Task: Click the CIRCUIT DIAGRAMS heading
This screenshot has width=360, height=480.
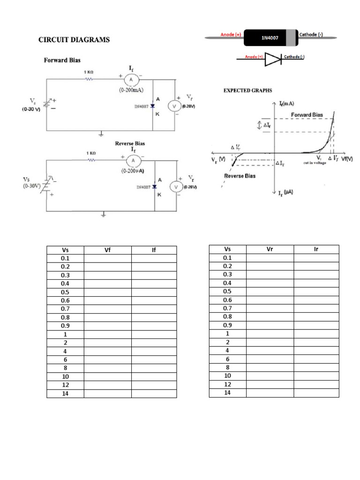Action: click(x=74, y=40)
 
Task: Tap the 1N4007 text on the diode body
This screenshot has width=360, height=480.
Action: click(x=270, y=38)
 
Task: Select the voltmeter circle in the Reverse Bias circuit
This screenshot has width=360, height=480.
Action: click(x=176, y=187)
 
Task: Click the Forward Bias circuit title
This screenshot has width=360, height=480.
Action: click(x=62, y=60)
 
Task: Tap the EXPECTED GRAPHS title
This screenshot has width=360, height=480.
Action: click(x=247, y=90)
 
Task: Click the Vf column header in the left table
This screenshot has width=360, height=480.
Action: click(x=107, y=250)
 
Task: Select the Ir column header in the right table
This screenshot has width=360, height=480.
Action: click(x=316, y=249)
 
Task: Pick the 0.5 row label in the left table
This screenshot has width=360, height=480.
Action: click(x=65, y=292)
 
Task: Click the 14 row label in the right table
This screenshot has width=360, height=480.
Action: click(x=227, y=392)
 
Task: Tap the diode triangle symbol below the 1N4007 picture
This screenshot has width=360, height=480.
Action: click(x=272, y=58)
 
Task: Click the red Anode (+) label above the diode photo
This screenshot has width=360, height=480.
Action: click(x=231, y=35)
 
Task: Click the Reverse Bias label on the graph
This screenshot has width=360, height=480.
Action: click(x=240, y=176)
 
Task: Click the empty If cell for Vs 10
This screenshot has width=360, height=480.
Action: click(x=154, y=376)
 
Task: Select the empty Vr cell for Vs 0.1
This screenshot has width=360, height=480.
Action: click(x=270, y=258)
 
